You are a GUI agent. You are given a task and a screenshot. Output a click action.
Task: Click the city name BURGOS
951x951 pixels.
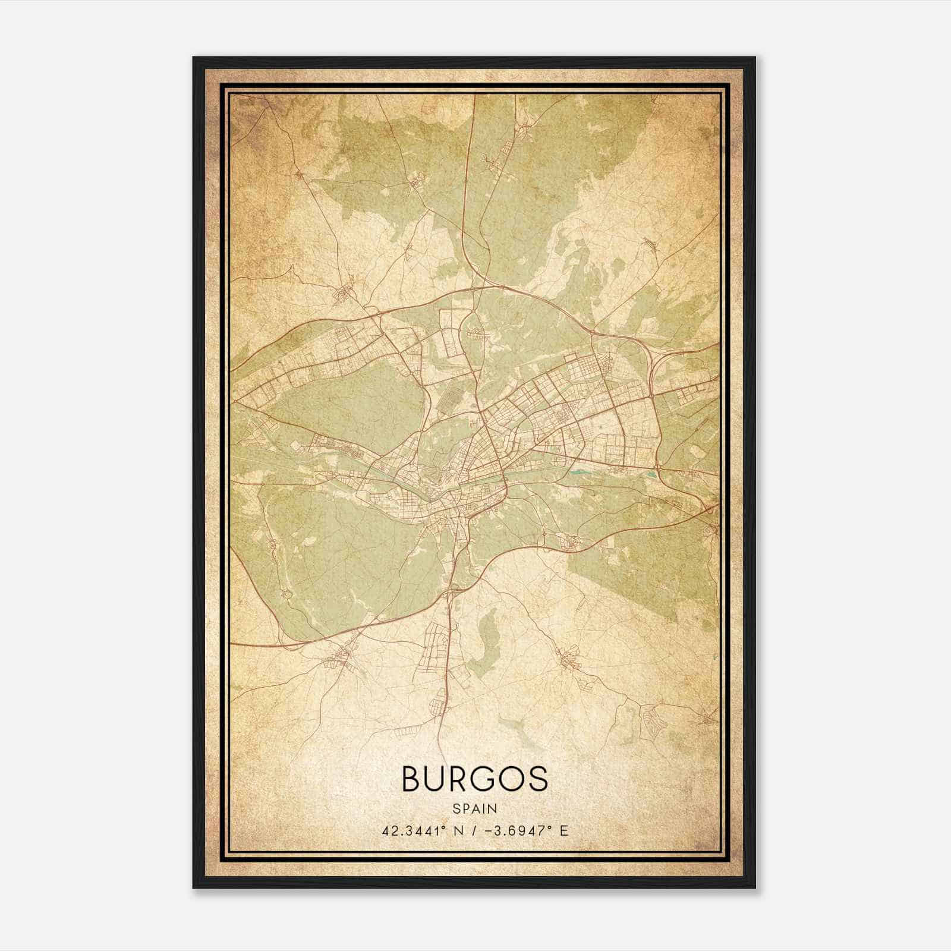[474, 779]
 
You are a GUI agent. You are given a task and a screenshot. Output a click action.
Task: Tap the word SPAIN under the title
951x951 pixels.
[474, 808]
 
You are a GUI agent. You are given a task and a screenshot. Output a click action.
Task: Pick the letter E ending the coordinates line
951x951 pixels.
[564, 830]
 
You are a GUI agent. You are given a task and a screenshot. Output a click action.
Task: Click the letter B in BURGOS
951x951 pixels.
[413, 779]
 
